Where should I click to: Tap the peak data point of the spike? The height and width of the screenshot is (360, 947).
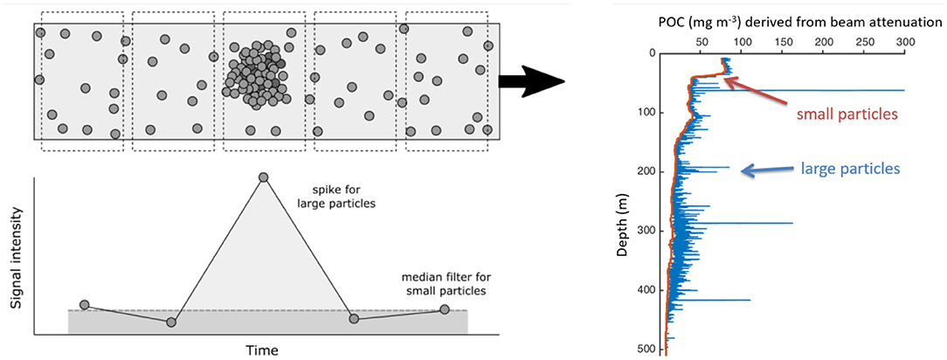coord(263,177)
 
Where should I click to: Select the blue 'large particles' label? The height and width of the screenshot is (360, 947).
coord(837,166)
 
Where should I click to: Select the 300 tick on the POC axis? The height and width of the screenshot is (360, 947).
coord(904,41)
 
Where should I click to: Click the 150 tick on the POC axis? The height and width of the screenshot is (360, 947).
coord(781,41)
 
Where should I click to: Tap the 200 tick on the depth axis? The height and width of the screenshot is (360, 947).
coord(646,172)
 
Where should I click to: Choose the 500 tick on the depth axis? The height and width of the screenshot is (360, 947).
coord(646,350)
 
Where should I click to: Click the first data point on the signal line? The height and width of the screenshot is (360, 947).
coord(84,305)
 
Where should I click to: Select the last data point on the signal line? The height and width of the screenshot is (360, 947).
coord(445,309)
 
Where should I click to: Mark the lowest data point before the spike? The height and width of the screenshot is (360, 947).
coord(171,322)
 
